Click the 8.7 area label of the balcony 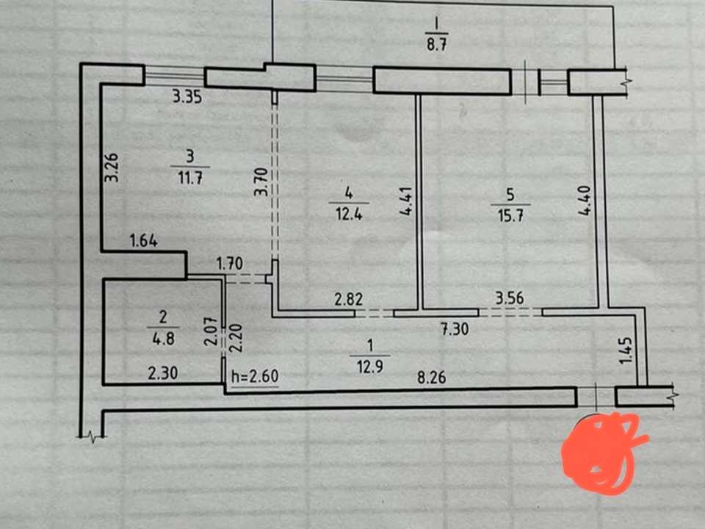point(436,46)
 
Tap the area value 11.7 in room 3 point(190,178)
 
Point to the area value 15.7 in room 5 point(510,215)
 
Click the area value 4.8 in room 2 point(163,338)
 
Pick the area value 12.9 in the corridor point(370,367)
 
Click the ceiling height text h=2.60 point(255,376)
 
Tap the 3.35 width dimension point(187,97)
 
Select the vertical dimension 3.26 point(112,168)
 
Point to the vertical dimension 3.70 point(261,181)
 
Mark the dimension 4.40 point(585,201)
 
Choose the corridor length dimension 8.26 point(432,377)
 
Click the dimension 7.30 point(455,329)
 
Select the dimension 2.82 point(348,299)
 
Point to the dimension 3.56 point(510,298)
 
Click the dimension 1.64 point(144,240)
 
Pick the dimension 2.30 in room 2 point(163,373)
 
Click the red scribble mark point(602,452)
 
